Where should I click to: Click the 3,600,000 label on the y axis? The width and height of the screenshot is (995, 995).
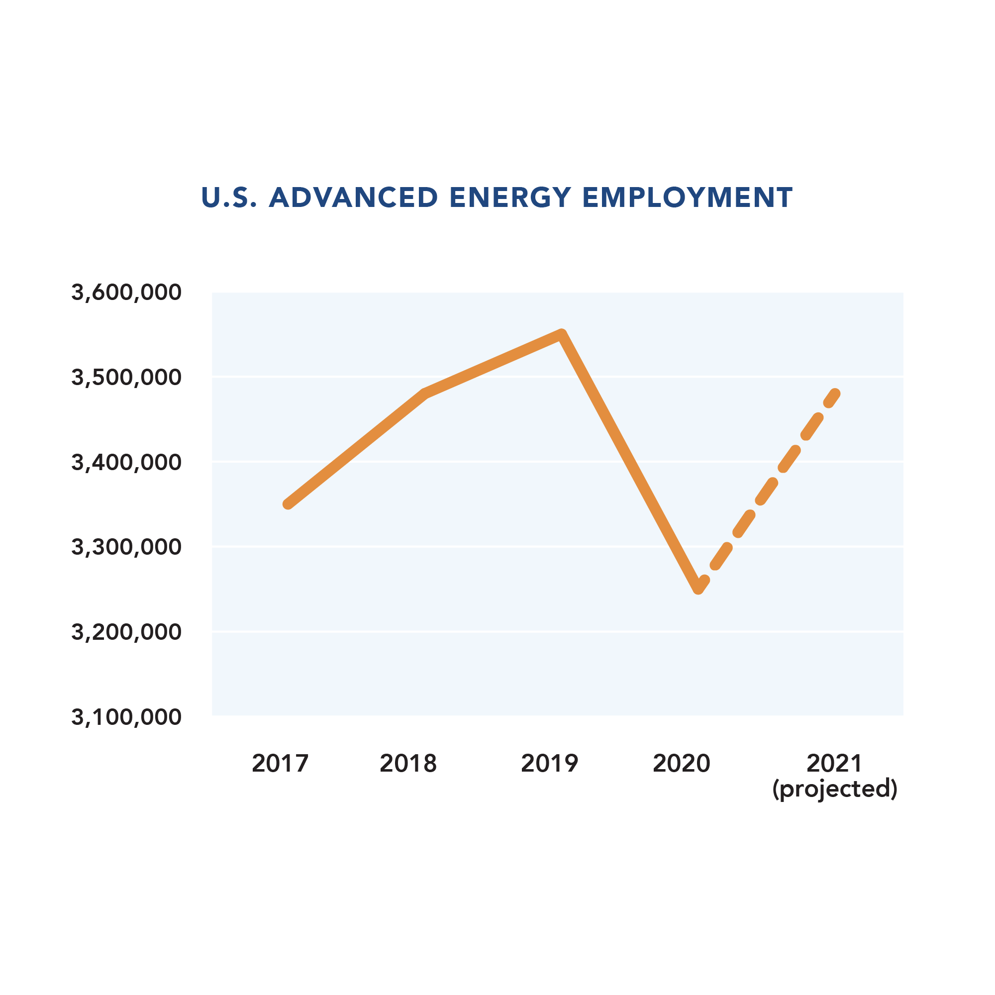(126, 293)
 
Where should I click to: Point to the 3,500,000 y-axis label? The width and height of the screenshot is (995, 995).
(126, 378)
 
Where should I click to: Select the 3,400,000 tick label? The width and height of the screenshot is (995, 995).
(126, 463)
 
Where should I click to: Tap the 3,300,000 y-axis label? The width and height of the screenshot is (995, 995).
(126, 547)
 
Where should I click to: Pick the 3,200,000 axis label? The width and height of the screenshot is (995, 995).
(126, 632)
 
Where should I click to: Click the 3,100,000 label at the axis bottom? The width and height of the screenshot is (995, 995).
(126, 717)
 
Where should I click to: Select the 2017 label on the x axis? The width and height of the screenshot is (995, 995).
(280, 763)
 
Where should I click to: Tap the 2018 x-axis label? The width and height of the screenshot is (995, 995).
(408, 763)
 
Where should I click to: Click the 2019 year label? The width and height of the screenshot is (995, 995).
(550, 763)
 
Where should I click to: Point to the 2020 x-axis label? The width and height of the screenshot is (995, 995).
(682, 763)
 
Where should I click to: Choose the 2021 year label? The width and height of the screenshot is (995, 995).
(834, 763)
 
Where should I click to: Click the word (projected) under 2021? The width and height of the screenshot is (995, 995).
(835, 789)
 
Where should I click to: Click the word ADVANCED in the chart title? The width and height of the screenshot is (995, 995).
(353, 198)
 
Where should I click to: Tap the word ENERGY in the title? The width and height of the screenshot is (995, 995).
(510, 198)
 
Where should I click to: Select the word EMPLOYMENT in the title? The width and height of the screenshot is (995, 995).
(688, 198)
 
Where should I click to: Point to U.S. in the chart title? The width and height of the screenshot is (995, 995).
(228, 198)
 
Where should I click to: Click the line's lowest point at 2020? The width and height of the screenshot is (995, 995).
(698, 589)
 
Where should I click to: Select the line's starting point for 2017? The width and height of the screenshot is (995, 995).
(288, 504)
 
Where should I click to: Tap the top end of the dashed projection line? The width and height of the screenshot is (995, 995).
(835, 394)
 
